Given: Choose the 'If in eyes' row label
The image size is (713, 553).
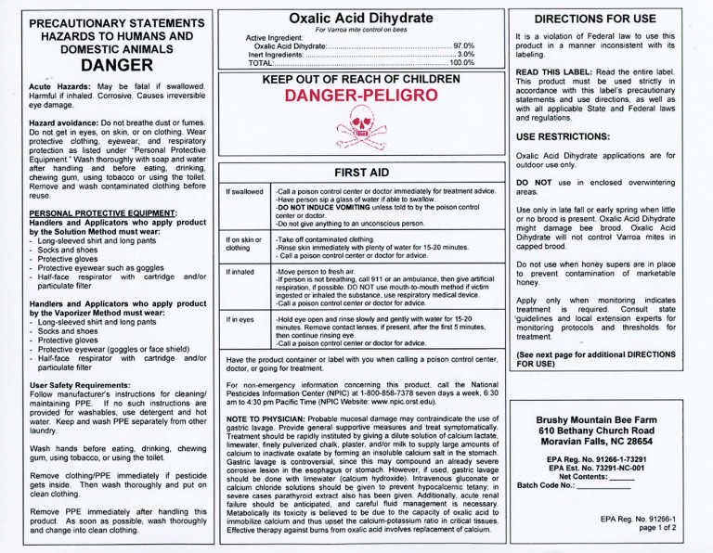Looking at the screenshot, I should pyautogui.click(x=244, y=320).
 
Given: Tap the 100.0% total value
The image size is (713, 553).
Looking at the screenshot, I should pyautogui.click(x=461, y=62).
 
